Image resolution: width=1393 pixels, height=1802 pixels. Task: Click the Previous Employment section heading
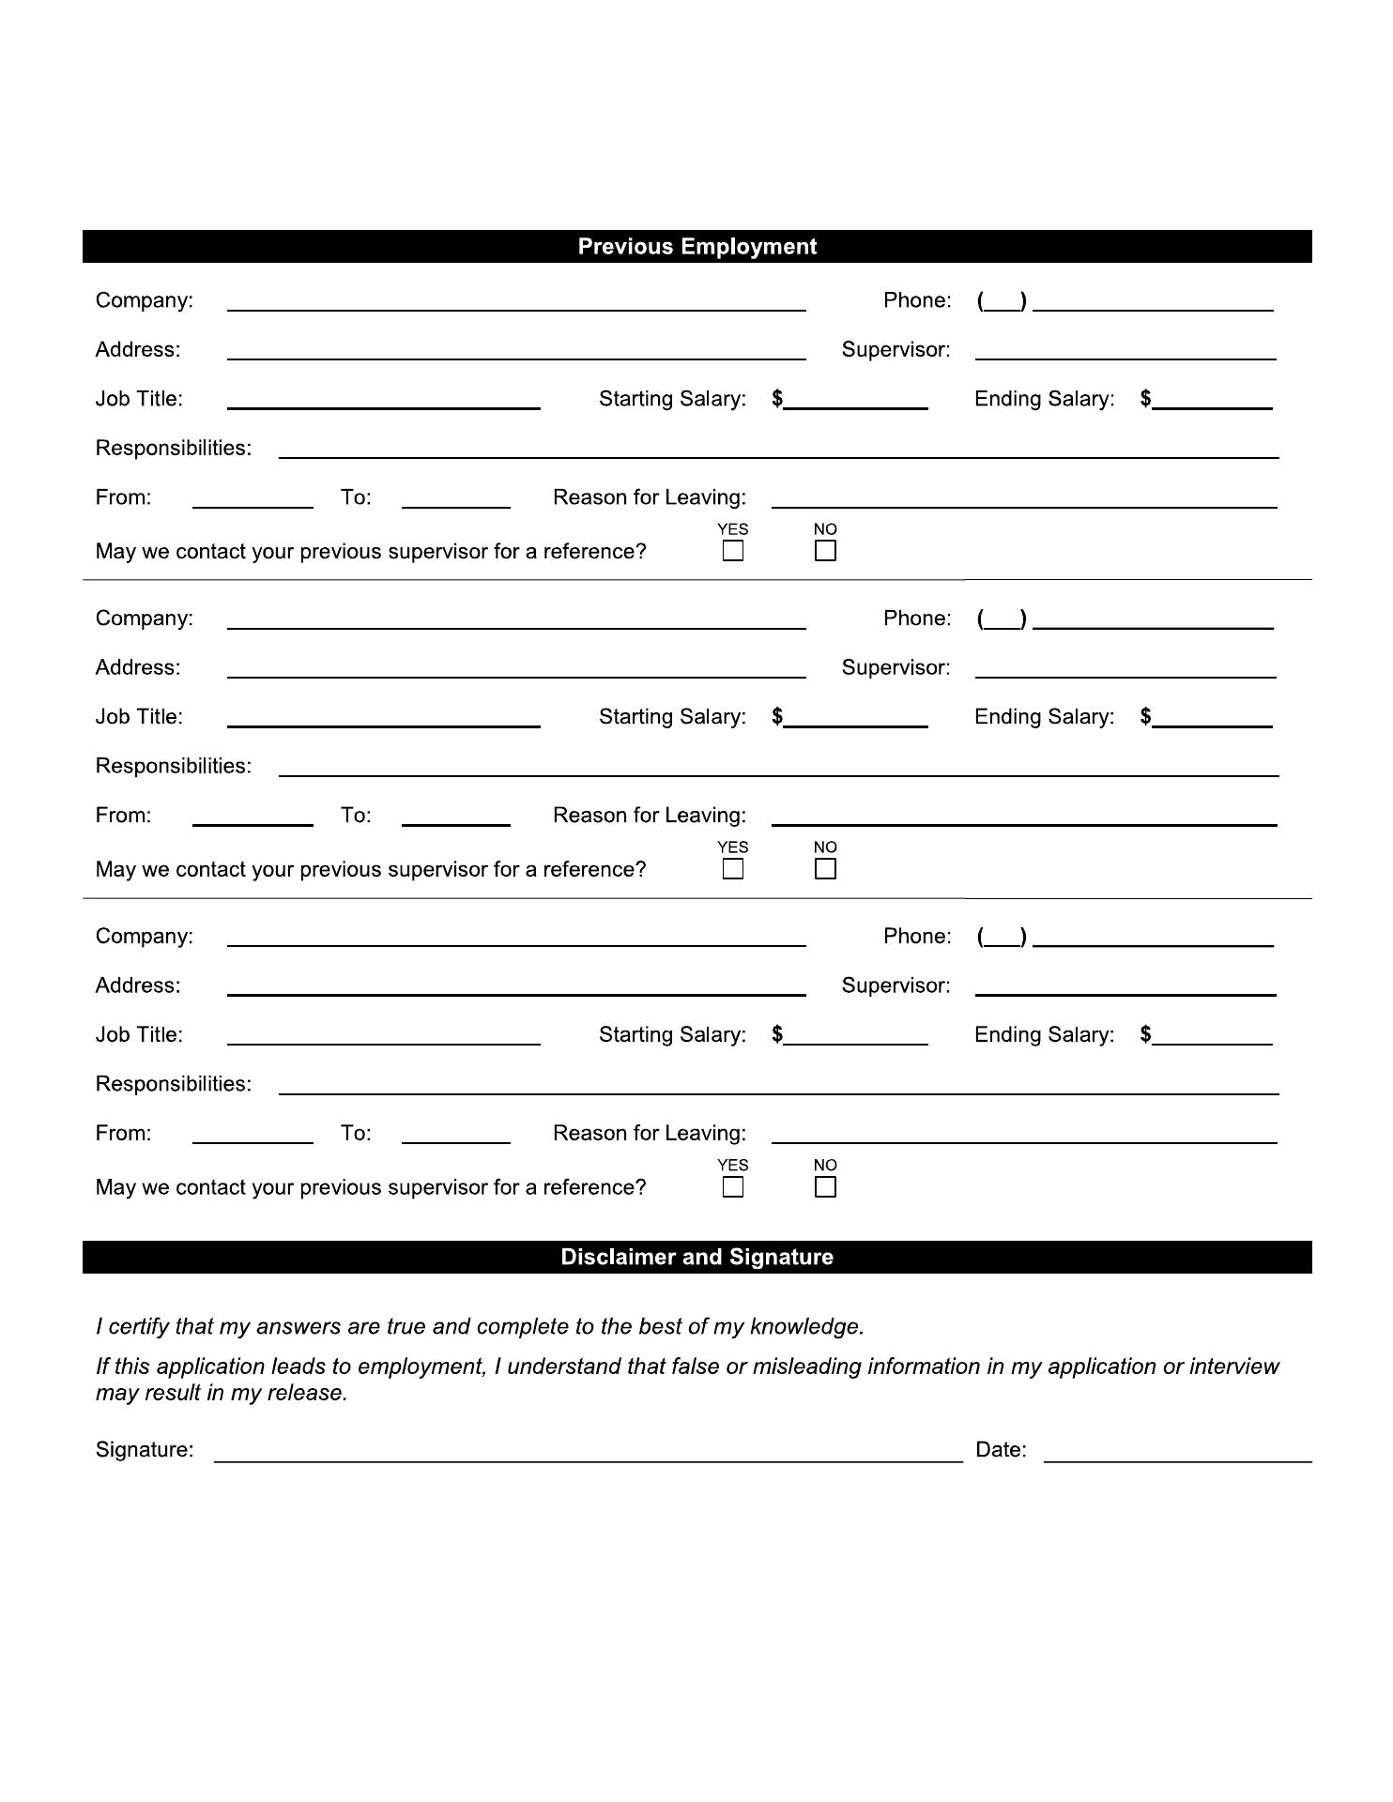point(696,247)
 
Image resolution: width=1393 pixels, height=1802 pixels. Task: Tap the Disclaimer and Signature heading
point(696,1258)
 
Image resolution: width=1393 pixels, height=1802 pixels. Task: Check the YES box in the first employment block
point(733,551)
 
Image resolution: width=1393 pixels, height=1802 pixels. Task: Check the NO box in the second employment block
point(825,869)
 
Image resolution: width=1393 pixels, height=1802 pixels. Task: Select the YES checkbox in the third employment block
point(733,1187)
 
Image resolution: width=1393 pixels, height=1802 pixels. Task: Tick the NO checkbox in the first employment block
point(825,551)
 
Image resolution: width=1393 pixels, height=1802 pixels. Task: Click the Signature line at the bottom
point(588,1451)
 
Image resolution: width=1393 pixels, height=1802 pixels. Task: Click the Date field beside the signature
point(1177,1451)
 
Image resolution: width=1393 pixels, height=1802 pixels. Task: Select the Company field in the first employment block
point(516,300)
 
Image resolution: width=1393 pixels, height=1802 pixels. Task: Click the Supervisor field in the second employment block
point(1125,667)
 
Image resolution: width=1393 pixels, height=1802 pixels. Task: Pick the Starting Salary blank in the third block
point(856,1035)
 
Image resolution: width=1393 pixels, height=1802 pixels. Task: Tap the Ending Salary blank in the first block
point(1213,399)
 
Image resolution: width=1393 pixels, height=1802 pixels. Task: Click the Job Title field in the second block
point(383,717)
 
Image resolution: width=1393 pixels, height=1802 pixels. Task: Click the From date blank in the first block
point(253,497)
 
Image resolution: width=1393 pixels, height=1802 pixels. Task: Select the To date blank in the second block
point(455,816)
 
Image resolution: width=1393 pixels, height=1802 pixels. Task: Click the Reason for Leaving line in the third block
point(1024,1134)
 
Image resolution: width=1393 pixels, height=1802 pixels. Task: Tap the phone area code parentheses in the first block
point(1002,301)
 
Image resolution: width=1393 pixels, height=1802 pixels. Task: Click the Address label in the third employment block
point(138,985)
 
